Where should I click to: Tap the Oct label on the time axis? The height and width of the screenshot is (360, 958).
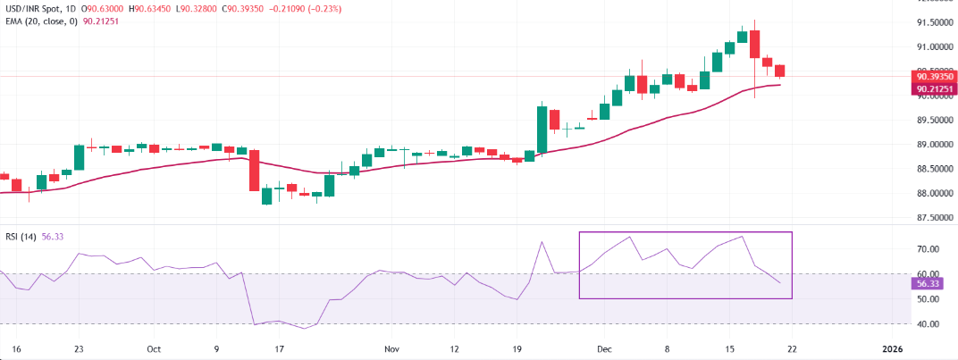pyautogui.click(x=153, y=347)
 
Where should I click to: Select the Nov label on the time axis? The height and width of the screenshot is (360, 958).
pyautogui.click(x=391, y=347)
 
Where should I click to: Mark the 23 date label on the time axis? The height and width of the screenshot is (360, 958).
pyautogui.click(x=80, y=347)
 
